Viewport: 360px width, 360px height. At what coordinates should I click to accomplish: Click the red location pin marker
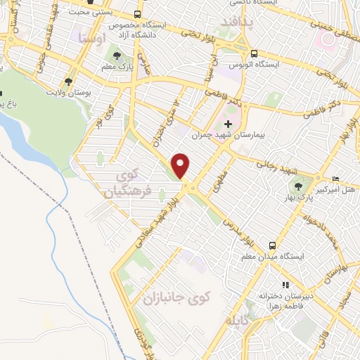(181, 165)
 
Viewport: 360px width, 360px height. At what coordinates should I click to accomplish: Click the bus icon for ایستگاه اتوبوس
(254, 53)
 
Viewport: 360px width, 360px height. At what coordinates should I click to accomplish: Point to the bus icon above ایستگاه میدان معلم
(271, 245)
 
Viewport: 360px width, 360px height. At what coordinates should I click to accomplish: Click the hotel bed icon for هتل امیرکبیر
(335, 179)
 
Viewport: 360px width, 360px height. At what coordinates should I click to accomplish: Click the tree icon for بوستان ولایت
(69, 81)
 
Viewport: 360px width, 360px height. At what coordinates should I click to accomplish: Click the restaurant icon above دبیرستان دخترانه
(285, 285)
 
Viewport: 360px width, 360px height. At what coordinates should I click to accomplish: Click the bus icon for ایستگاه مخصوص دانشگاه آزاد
(136, 14)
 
